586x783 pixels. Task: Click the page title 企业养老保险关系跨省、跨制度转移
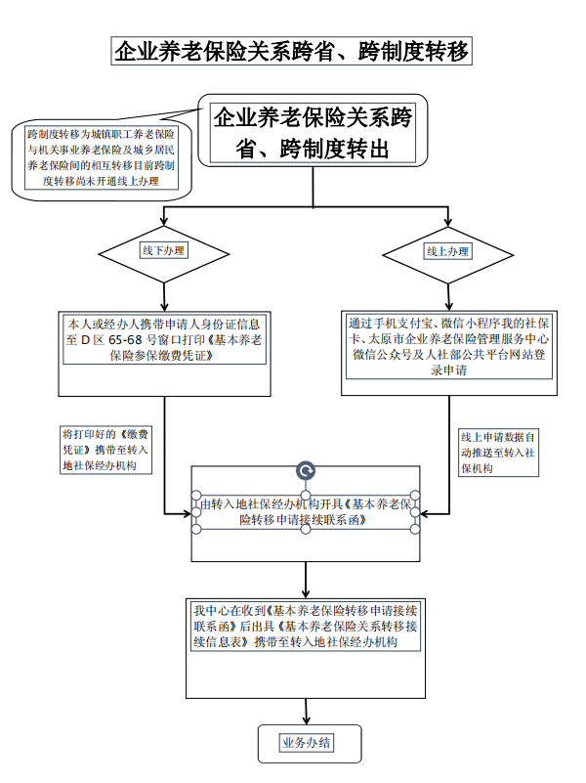[292, 52]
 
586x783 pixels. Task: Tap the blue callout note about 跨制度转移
[102, 156]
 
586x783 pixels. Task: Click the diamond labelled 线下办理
[164, 251]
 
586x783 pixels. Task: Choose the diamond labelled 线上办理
[448, 251]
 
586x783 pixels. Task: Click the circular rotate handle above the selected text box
[306, 472]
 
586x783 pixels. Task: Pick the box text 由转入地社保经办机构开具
[306, 512]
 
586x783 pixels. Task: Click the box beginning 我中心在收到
[306, 627]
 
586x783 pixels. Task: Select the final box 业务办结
[306, 743]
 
